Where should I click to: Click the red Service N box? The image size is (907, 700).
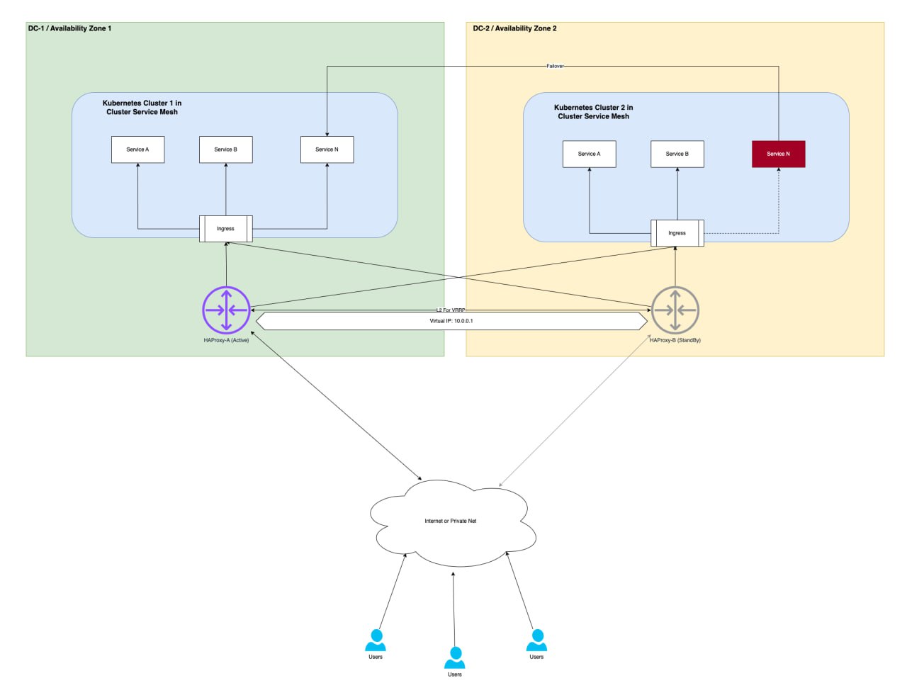tap(778, 154)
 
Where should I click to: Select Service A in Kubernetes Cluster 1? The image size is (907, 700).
tap(137, 149)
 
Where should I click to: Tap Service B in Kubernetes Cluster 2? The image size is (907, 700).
tap(677, 154)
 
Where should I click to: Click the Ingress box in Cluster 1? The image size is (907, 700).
tap(225, 229)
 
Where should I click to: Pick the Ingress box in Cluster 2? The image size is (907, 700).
tap(677, 233)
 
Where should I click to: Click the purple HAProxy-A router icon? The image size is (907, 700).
tap(226, 310)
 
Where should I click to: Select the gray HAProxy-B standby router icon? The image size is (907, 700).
tap(675, 310)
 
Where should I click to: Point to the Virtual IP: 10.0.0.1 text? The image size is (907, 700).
tap(451, 321)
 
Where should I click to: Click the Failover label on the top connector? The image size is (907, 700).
tap(555, 66)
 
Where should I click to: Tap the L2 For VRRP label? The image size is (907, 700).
tap(451, 310)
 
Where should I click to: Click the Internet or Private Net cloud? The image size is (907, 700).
tap(451, 521)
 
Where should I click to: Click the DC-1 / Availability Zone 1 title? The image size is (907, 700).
tap(69, 28)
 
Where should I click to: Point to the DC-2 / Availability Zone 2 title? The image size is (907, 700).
tap(514, 28)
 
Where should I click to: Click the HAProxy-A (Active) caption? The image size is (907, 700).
tap(226, 340)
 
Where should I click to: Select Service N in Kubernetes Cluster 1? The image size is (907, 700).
tap(327, 149)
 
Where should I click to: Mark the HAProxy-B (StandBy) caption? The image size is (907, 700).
tap(675, 340)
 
